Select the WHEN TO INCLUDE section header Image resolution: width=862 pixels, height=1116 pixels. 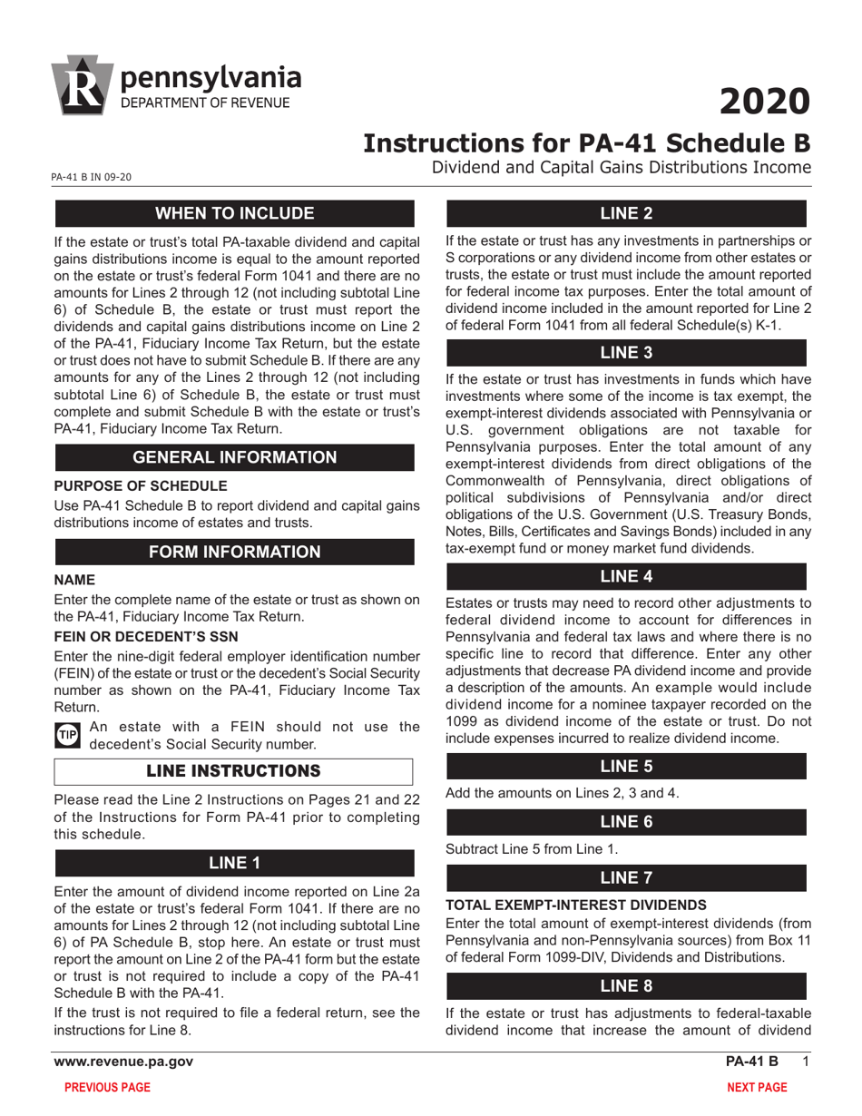pyautogui.click(x=235, y=214)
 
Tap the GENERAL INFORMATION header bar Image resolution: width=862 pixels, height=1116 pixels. pyautogui.click(x=235, y=457)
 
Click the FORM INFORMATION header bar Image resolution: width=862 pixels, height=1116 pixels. pyautogui.click(x=235, y=552)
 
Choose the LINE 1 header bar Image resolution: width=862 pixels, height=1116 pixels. pyautogui.click(x=235, y=863)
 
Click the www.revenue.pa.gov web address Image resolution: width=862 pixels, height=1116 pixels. pyautogui.click(x=122, y=1062)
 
